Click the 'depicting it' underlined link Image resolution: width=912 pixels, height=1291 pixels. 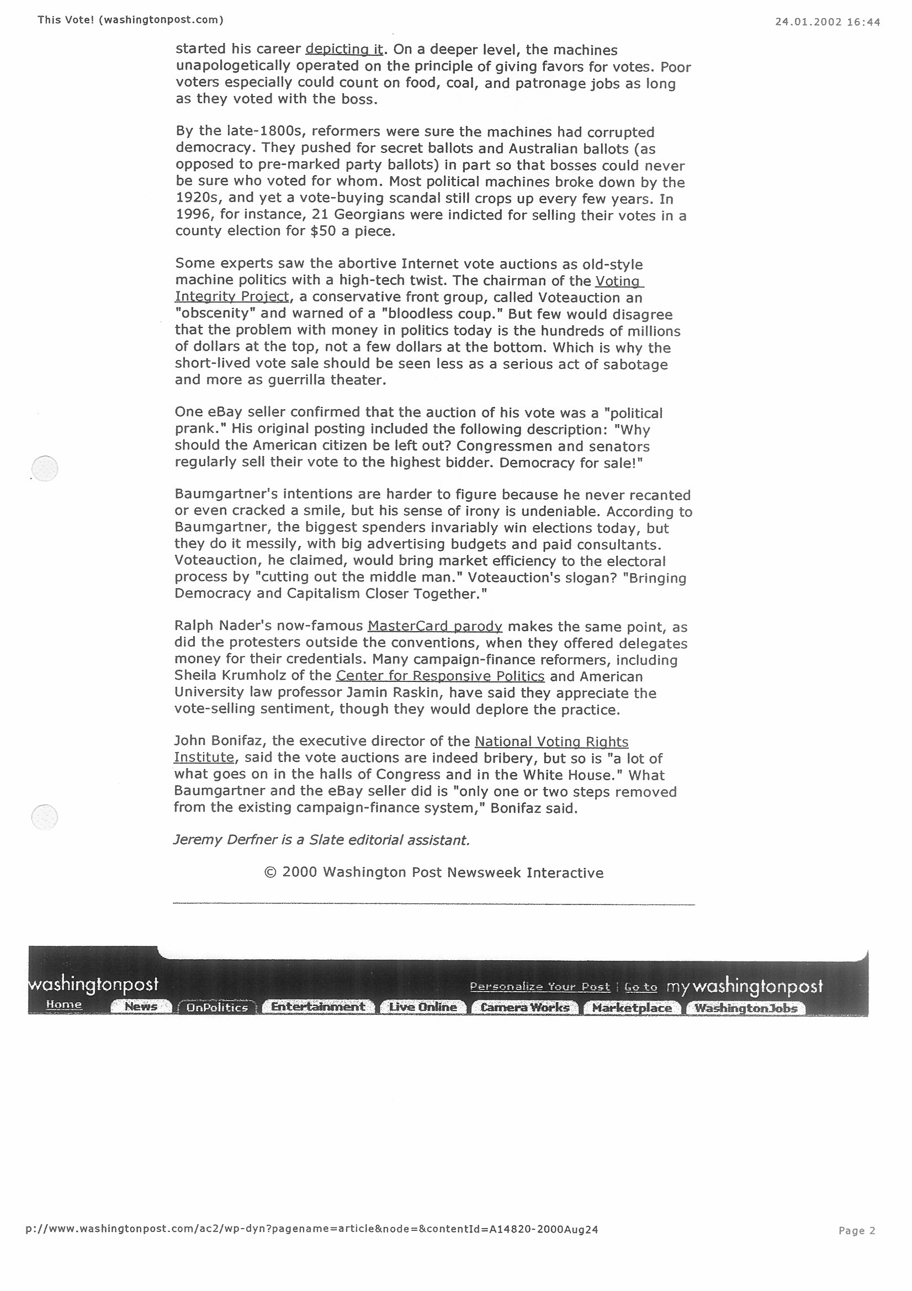coord(344,50)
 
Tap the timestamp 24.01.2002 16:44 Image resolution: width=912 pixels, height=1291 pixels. coord(827,22)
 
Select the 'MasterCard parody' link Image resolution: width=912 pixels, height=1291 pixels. coord(434,626)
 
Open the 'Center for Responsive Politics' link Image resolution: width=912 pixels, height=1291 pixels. coord(440,676)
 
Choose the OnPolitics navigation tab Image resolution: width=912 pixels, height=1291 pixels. coord(217,1007)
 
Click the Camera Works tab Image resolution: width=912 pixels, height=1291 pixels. coord(525,1007)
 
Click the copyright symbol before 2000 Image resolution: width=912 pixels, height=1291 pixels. coord(270,872)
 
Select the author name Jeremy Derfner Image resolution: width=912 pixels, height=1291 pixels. coord(225,840)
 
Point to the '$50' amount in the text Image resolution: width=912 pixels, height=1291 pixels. coord(322,231)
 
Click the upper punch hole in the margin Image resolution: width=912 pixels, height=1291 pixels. coord(45,468)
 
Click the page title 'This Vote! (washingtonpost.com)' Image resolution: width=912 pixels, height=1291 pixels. coord(130,20)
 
